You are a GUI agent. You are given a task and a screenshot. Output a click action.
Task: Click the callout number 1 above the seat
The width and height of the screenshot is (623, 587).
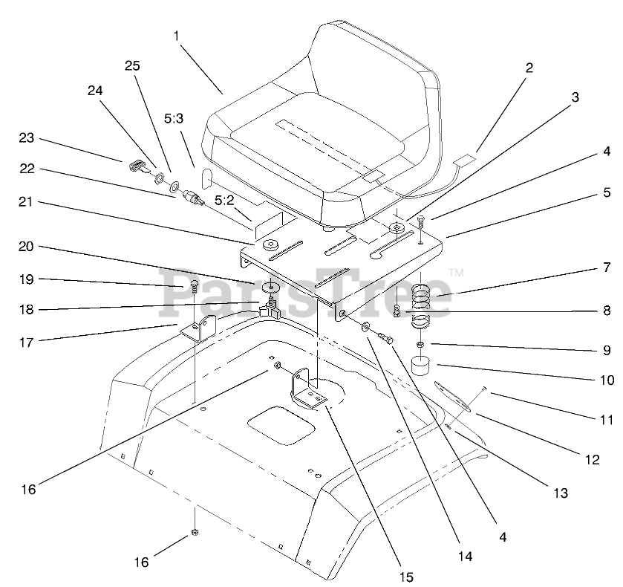[x=177, y=35]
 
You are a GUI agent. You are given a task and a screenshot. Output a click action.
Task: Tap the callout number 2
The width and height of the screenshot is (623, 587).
[x=529, y=68]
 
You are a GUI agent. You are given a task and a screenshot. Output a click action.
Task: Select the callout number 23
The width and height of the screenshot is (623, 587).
[x=27, y=137]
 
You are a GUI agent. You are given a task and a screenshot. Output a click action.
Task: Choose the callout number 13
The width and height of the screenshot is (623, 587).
[x=559, y=493]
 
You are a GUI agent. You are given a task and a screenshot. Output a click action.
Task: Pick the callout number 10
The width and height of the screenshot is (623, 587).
[x=607, y=380]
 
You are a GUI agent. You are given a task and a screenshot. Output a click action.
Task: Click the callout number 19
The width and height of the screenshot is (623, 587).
[x=27, y=279]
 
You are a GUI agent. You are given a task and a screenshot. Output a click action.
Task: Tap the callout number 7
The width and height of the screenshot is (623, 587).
[x=607, y=266]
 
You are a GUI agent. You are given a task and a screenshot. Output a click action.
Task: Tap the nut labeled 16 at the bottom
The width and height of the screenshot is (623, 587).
[x=195, y=532]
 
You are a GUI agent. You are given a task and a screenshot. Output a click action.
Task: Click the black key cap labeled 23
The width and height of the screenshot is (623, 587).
[x=137, y=164]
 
